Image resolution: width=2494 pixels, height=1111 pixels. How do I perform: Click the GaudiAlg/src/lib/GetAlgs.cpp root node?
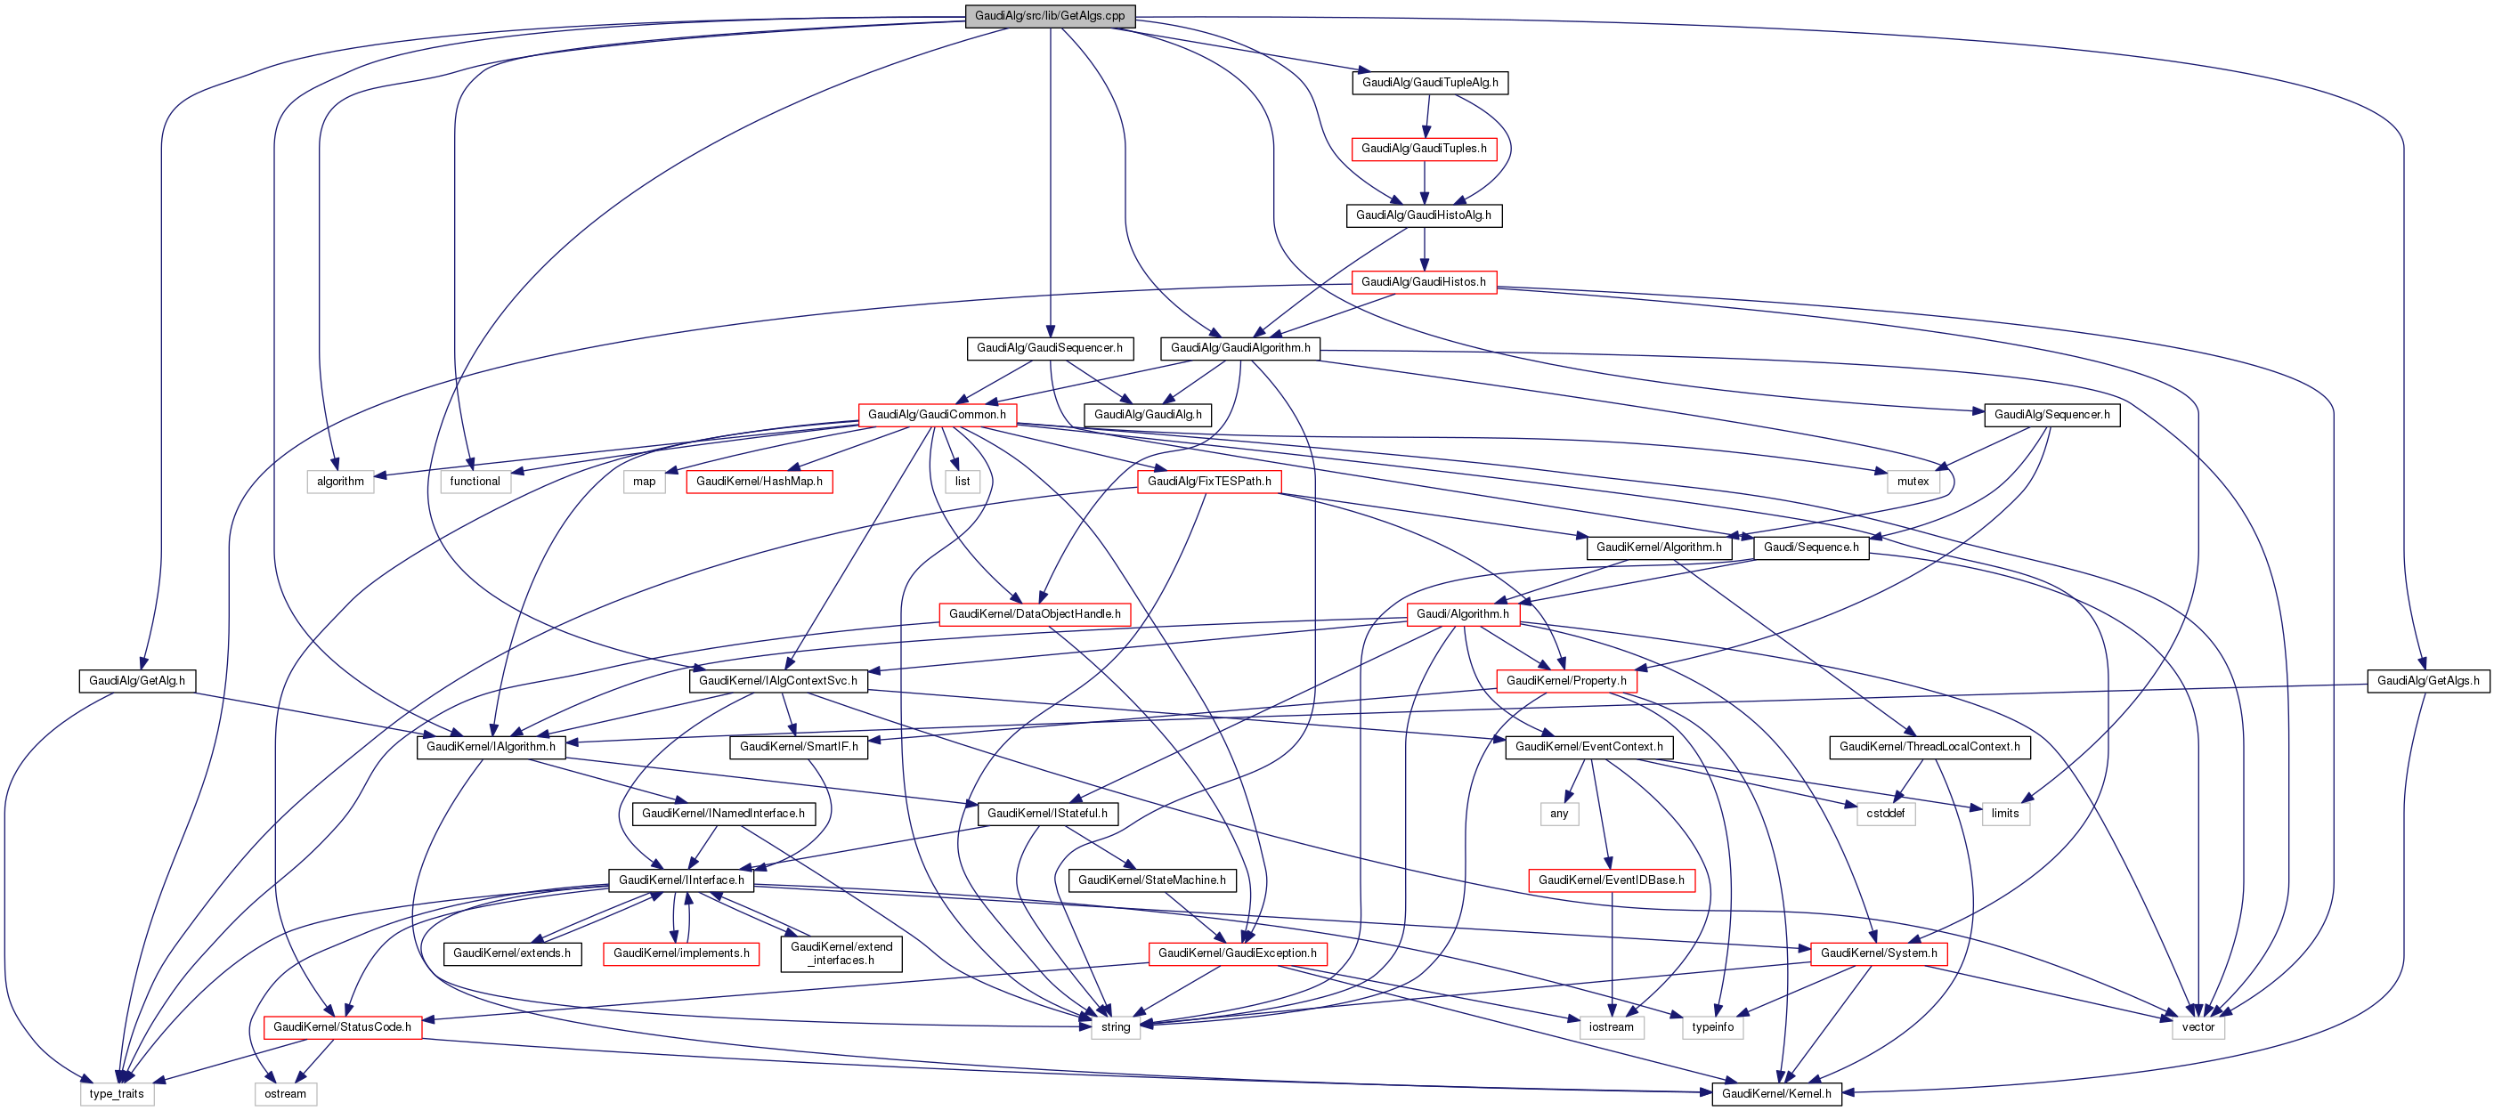pyautogui.click(x=1050, y=15)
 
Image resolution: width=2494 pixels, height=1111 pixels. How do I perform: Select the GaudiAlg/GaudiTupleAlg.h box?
pyautogui.click(x=1429, y=82)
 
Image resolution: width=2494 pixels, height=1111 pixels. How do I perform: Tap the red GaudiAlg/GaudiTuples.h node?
pyautogui.click(x=1423, y=148)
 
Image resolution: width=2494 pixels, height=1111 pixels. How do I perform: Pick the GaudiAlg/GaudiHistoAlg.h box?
pyautogui.click(x=1423, y=215)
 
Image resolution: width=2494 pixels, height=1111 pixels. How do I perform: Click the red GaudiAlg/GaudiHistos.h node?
pyautogui.click(x=1423, y=281)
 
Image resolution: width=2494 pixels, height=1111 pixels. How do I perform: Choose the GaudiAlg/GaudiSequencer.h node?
pyautogui.click(x=1050, y=347)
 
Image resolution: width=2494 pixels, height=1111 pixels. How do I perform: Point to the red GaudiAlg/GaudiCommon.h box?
pyautogui.click(x=936, y=414)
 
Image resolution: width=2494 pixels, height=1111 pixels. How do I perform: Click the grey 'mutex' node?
pyautogui.click(x=1913, y=481)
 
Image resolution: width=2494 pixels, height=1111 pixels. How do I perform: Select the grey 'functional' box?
pyautogui.click(x=475, y=481)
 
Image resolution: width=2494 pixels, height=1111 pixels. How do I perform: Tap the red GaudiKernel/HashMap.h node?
pyautogui.click(x=759, y=481)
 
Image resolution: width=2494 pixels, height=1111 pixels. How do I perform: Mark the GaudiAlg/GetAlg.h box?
pyautogui.click(x=136, y=680)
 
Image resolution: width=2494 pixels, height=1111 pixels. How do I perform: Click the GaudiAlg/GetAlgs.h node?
pyautogui.click(x=2427, y=680)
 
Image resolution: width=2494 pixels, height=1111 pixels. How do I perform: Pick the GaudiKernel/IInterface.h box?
pyautogui.click(x=680, y=880)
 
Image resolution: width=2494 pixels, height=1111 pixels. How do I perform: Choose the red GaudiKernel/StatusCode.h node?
pyautogui.click(x=342, y=1026)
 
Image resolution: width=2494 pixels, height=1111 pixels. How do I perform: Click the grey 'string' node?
pyautogui.click(x=1115, y=1026)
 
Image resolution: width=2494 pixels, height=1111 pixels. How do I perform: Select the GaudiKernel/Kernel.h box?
pyautogui.click(x=1775, y=1093)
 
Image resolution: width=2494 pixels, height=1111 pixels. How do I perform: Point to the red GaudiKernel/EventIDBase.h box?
pyautogui.click(x=1611, y=880)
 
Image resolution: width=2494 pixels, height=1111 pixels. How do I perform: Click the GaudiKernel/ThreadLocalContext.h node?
pyautogui.click(x=1929, y=746)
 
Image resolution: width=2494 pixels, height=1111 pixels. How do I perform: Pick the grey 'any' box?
pyautogui.click(x=1559, y=813)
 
